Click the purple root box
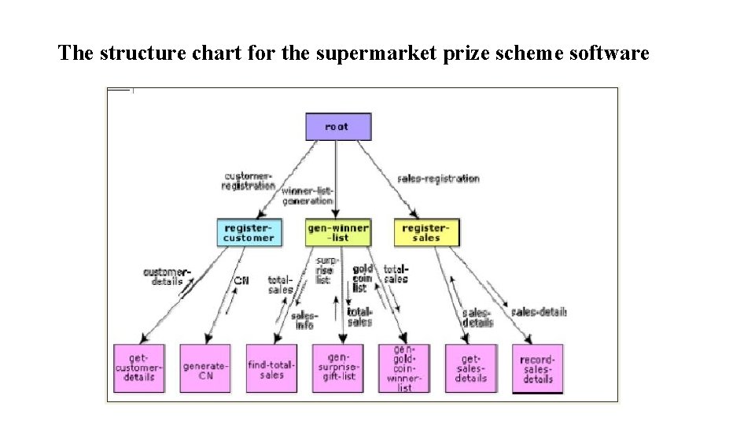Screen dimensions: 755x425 (337, 127)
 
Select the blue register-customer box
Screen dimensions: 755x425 (249, 232)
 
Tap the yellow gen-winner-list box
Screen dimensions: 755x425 (337, 232)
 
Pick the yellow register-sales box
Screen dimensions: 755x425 (426, 232)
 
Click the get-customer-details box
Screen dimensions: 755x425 (139, 368)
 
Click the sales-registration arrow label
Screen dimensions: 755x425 (439, 179)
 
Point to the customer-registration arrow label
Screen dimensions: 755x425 (249, 181)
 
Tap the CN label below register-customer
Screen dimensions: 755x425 (241, 280)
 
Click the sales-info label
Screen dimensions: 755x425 (304, 320)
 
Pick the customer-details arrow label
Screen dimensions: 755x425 (166, 276)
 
